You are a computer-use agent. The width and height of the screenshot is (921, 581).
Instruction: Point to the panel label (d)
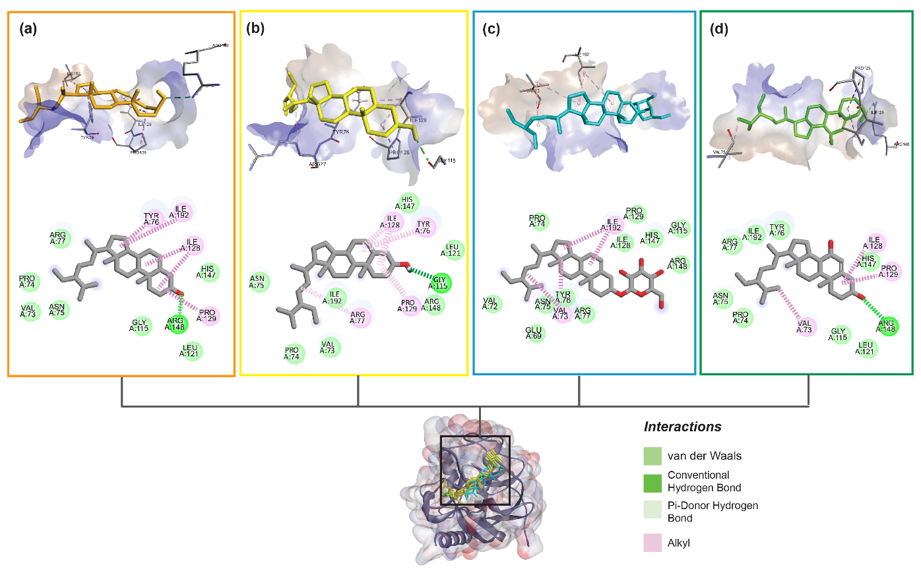point(718,29)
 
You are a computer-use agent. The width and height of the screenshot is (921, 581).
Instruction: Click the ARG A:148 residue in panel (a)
point(175,324)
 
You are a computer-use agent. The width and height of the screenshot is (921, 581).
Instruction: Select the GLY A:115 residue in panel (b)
point(440,283)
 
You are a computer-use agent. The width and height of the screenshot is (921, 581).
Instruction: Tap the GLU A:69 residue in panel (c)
point(534,334)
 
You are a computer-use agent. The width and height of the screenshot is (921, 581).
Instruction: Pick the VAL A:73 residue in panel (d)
point(804,326)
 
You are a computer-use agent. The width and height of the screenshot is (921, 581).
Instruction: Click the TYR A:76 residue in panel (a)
point(152,219)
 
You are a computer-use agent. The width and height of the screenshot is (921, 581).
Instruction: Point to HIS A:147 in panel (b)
point(408,202)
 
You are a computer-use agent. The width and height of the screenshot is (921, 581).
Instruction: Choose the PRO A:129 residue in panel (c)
point(634,214)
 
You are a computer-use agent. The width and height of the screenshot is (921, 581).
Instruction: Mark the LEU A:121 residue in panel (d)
point(866,348)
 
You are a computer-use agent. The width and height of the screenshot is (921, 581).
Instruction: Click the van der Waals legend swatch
point(652,456)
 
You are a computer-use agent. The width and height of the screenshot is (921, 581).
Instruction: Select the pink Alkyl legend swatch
point(652,543)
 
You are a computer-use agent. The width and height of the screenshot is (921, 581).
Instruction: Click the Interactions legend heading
point(683,427)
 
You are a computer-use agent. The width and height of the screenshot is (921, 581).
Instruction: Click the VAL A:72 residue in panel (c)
point(490,303)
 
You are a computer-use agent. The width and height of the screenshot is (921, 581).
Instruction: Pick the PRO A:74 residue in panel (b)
point(292,353)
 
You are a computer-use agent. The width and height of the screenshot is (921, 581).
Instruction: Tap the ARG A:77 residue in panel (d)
point(730,245)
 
